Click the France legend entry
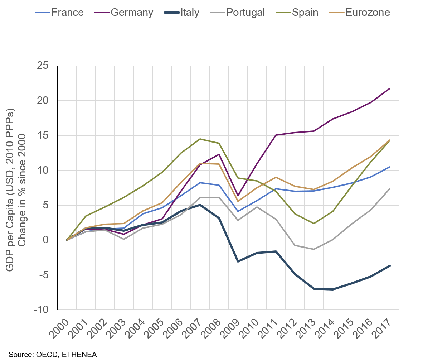click(67, 13)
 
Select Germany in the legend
click(132, 13)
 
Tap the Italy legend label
click(190, 13)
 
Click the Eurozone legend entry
click(368, 13)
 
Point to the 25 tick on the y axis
click(42, 66)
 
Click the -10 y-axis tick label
click(40, 310)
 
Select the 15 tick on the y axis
click(42, 135)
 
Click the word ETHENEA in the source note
click(79, 354)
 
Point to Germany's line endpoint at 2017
click(389, 88)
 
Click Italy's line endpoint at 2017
click(389, 266)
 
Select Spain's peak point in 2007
click(200, 139)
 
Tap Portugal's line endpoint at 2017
click(389, 189)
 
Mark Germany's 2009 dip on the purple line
click(238, 196)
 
